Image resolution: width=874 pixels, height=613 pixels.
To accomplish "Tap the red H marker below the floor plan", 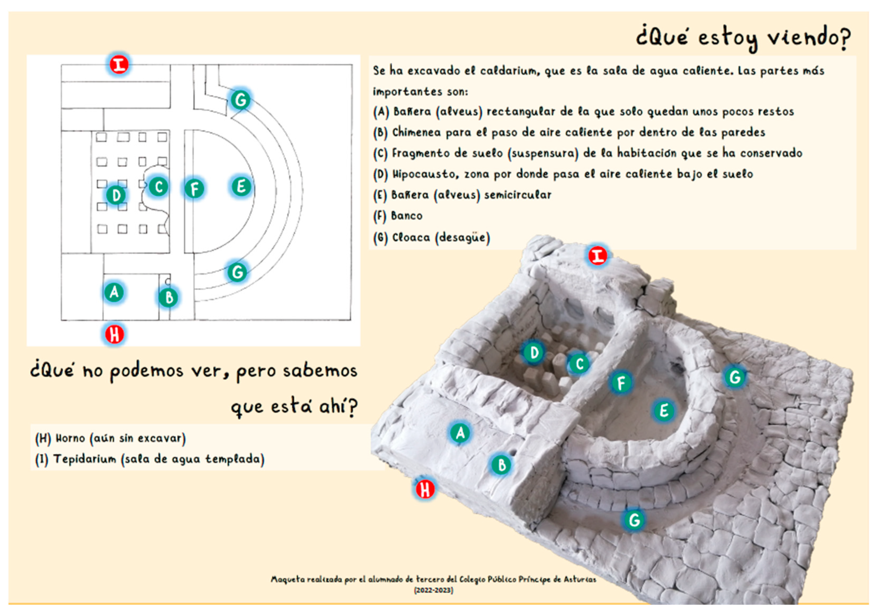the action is (x=115, y=334).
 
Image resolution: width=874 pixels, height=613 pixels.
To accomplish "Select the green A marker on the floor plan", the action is (x=114, y=292).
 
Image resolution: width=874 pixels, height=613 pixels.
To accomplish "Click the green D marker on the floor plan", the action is (x=116, y=195).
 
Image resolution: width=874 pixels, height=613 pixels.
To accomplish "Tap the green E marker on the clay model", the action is (x=664, y=411).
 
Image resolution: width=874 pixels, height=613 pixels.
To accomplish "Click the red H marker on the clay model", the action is (x=425, y=489).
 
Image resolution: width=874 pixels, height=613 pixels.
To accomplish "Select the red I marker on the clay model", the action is (x=598, y=256).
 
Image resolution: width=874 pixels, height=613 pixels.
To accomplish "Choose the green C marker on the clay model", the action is (x=579, y=364).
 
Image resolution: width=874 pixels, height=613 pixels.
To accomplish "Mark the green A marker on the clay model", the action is (x=460, y=432).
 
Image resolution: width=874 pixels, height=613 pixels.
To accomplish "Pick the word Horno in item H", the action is (x=71, y=438).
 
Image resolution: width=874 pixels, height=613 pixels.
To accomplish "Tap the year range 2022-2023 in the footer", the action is (x=434, y=590).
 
